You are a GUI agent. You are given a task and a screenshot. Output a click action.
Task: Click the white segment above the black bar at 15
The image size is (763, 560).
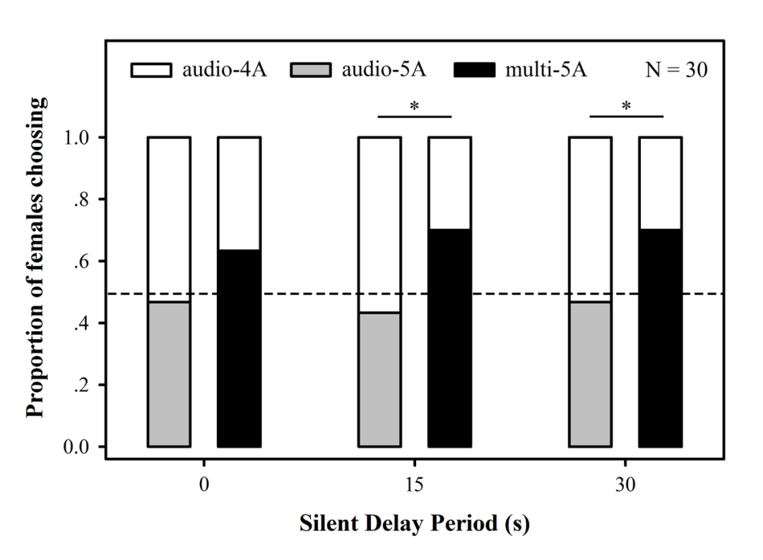point(449,183)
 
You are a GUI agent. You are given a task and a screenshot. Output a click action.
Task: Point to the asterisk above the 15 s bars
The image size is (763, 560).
point(415,107)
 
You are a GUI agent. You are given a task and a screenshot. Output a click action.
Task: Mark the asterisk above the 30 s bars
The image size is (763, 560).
point(626,107)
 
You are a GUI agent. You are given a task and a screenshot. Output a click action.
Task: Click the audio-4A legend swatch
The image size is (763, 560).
point(150,71)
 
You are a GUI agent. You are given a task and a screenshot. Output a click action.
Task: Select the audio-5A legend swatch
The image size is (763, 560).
point(312,71)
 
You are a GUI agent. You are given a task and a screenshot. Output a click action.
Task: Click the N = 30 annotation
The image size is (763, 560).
point(676,71)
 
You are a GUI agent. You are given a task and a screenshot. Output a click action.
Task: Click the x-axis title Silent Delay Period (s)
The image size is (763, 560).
point(415,525)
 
